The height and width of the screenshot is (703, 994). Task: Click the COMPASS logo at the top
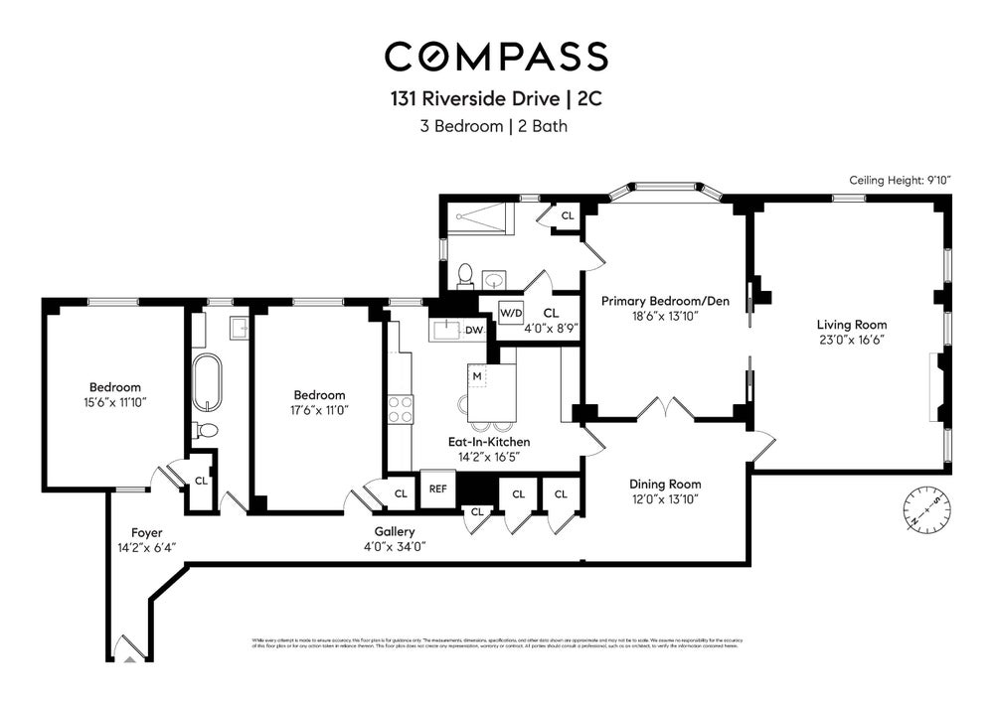(x=496, y=57)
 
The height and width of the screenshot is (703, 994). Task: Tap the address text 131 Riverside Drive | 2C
(x=496, y=99)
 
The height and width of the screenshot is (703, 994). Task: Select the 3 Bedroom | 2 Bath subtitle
(x=496, y=126)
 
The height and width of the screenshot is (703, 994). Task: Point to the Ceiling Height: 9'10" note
(x=900, y=180)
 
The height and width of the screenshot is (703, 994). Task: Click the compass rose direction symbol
(x=923, y=510)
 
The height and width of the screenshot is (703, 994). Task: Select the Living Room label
(x=852, y=325)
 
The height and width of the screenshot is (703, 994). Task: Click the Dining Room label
(x=665, y=485)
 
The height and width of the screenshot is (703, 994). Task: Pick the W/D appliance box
(x=510, y=313)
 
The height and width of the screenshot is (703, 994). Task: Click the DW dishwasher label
(x=473, y=330)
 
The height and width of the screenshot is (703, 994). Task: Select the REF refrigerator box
(x=436, y=489)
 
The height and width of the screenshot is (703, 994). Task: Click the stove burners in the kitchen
(x=400, y=409)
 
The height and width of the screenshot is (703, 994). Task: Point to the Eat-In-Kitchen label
(x=487, y=442)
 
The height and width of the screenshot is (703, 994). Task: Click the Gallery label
(x=395, y=532)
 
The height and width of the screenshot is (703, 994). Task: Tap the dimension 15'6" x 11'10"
(x=115, y=402)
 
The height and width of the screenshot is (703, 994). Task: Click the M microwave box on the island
(x=477, y=376)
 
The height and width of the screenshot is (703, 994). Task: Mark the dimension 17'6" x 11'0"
(x=318, y=409)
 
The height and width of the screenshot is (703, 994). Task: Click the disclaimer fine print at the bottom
(x=496, y=642)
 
